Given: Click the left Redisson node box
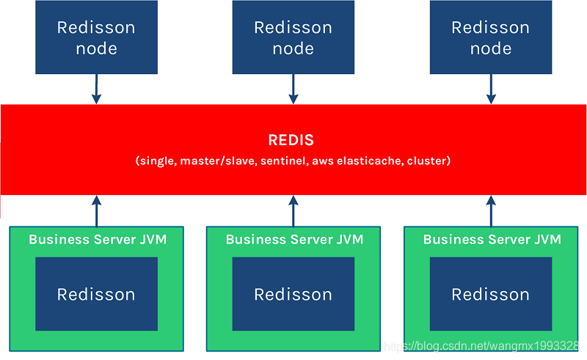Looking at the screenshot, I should coord(96,37).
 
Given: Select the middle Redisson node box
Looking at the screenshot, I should coord(293,37).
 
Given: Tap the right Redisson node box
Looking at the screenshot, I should coord(490,37).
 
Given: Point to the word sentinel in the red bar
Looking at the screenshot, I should coord(282,160).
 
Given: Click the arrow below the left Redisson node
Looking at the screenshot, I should coord(95,89).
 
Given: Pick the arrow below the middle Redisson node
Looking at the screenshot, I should coord(293,89).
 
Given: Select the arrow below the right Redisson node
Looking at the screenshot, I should coord(491,89).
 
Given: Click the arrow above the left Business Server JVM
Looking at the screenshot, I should coord(95,211).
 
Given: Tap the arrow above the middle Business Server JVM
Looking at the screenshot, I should coord(293,211).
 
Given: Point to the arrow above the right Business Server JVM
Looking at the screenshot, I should coord(491,211).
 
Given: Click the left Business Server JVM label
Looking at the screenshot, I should coord(97,240).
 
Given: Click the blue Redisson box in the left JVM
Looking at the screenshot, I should coord(96,294).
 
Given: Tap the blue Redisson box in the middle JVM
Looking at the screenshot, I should coord(293,294).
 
